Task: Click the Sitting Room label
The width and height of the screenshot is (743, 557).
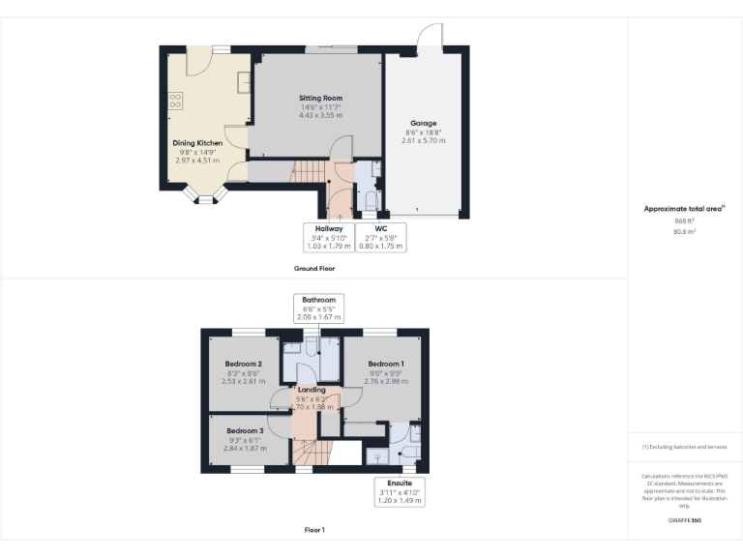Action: click(319, 98)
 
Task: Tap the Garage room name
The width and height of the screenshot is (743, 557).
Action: click(424, 123)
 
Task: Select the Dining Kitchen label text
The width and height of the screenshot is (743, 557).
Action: click(197, 143)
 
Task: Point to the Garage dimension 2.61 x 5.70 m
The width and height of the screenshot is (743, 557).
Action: click(424, 140)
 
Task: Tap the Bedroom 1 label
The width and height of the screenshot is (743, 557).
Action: click(385, 364)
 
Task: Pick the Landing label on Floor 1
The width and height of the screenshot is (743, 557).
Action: click(312, 390)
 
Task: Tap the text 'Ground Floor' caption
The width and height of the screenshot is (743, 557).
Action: click(313, 268)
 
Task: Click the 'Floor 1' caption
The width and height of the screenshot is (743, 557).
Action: click(313, 530)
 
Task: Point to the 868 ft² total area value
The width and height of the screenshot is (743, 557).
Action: click(684, 221)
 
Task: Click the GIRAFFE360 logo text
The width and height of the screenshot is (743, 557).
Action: click(684, 520)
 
